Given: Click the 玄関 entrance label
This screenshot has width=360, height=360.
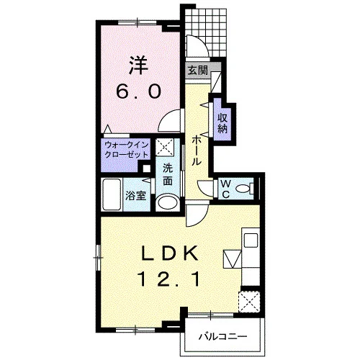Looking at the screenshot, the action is tap(197, 71).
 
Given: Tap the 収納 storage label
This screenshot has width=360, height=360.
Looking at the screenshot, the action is tap(222, 123).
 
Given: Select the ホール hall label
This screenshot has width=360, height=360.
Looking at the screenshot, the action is tap(196, 150).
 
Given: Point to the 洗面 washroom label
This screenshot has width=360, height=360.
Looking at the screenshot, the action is tap(168, 175).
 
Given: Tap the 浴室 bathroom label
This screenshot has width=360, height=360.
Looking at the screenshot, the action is tap(136, 196).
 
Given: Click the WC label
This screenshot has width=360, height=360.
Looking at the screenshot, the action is tap(225, 189).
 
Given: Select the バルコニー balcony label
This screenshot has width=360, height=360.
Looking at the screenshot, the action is tap(222, 337).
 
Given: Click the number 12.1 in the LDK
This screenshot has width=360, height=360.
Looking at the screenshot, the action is tap(168, 279).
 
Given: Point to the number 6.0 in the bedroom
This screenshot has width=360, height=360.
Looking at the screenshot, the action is tap(138, 92).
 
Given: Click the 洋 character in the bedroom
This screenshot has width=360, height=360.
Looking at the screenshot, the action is tap(138, 65).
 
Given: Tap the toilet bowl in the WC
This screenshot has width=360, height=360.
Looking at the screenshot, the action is tap(243, 189).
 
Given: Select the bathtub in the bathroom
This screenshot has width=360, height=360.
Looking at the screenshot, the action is tap(111, 194).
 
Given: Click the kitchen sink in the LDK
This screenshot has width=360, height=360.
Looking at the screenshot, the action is tap(251, 240).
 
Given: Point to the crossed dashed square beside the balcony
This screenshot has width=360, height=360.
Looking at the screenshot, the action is tap(249, 302).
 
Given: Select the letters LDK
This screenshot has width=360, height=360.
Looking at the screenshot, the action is tap(170, 253).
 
